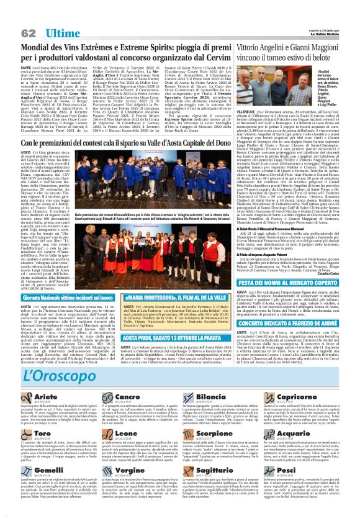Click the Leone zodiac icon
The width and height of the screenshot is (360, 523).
pos(106,433)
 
